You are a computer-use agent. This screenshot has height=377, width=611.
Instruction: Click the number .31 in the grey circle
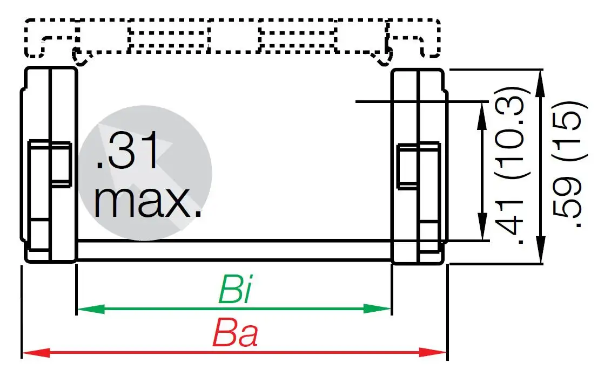pos(127,153)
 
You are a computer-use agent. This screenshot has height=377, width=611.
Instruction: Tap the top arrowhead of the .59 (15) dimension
pos(542,81)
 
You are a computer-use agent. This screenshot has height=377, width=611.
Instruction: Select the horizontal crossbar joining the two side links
pos(233,250)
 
